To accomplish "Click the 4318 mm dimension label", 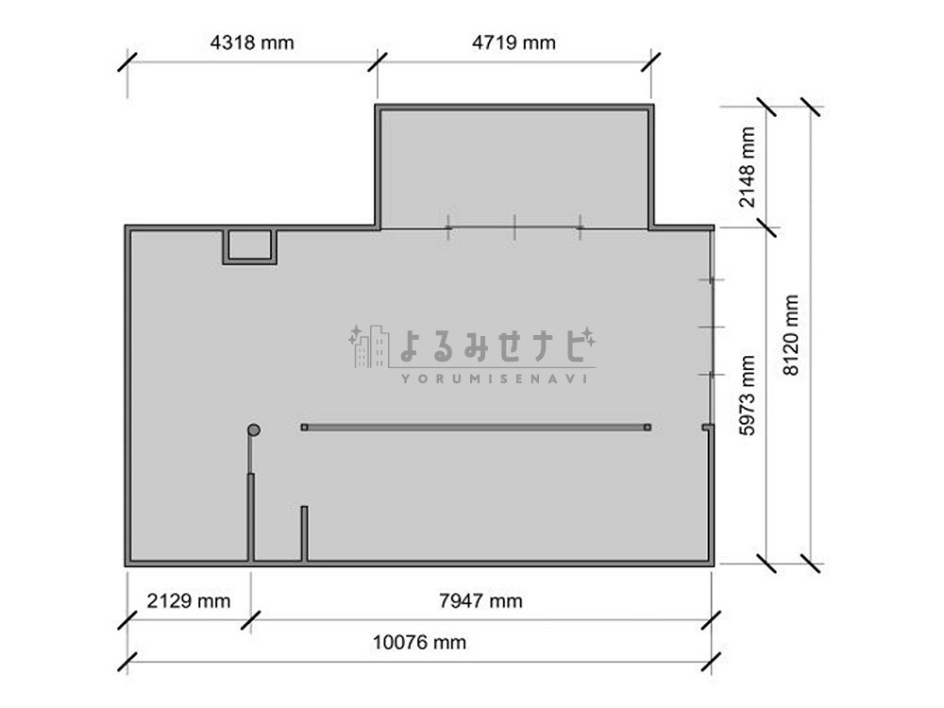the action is [x=252, y=42].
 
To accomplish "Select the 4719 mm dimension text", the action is [x=514, y=42].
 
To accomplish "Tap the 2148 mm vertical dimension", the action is [x=747, y=167].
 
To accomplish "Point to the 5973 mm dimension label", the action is [x=747, y=395].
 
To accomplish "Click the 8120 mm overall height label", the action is [x=790, y=335].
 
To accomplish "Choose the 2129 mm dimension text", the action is [x=189, y=600].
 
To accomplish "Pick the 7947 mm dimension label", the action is [x=480, y=600].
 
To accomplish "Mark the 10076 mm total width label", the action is [x=420, y=642].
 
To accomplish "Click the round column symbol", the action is [x=254, y=430].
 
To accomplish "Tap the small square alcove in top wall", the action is [x=249, y=246].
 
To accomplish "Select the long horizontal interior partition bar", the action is [x=476, y=428].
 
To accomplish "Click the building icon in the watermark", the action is [x=369, y=346].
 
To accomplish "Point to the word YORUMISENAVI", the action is [x=495, y=379].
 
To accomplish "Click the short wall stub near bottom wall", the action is [x=304, y=533].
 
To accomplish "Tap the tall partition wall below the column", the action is [x=250, y=517].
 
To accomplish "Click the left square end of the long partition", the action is [x=304, y=428].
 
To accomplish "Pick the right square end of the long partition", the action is [x=648, y=428].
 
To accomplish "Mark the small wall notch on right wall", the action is [x=707, y=428].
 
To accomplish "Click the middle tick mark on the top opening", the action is [x=514, y=228].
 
